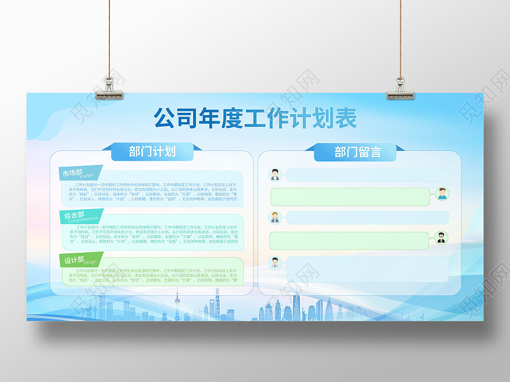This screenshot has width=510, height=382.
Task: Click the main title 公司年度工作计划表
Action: [x=254, y=118]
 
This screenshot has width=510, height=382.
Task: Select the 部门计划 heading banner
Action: [x=152, y=152]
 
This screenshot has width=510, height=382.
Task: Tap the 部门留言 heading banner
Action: [x=358, y=152]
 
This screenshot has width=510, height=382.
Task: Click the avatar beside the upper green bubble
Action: [x=442, y=194]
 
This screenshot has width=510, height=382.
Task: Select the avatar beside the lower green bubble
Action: [x=441, y=238]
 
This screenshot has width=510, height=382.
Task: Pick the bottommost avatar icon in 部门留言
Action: [x=275, y=263]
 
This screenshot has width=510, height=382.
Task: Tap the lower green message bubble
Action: [x=350, y=240]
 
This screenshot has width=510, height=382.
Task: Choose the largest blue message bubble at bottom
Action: [x=367, y=269]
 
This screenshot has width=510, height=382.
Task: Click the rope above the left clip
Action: [x=111, y=36]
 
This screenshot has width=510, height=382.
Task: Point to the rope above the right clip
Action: [x=401, y=36]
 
